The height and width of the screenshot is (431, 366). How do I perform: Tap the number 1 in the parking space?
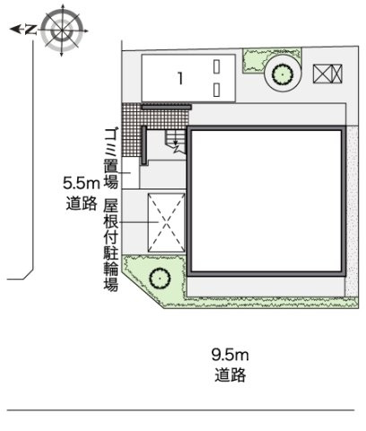180,79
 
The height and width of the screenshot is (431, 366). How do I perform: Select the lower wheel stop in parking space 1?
217,89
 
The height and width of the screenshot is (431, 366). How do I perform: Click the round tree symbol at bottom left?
159,277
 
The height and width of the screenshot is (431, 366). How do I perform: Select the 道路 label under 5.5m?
80,204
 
